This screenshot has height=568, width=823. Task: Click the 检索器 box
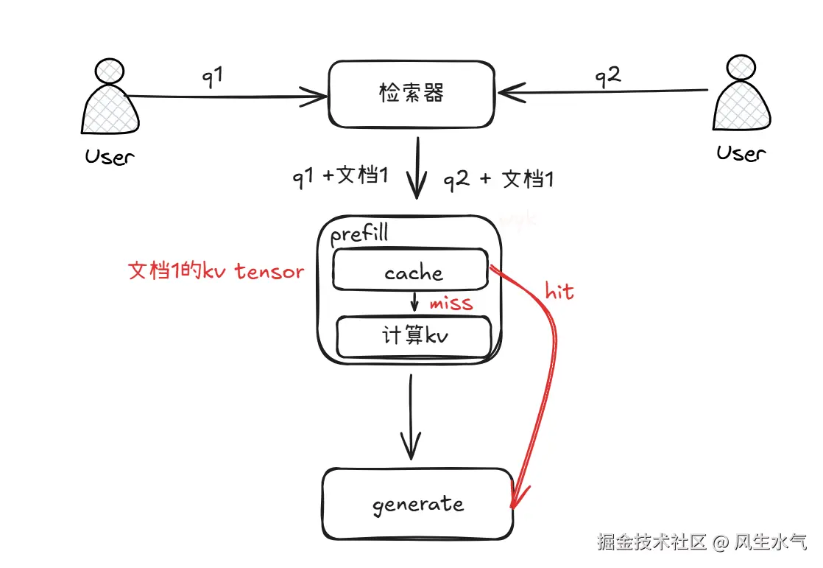click(x=411, y=94)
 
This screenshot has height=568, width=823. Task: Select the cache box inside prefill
click(x=411, y=270)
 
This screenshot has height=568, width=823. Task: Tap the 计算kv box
click(x=414, y=337)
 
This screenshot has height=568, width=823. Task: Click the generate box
click(x=417, y=504)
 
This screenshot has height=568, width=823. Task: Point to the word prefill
click(x=358, y=235)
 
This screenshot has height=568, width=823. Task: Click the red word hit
click(x=559, y=291)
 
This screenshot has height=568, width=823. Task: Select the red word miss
click(x=451, y=302)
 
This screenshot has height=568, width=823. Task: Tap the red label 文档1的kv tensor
click(x=216, y=271)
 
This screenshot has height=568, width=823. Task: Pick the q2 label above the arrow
click(x=608, y=76)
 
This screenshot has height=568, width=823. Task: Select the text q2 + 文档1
click(x=498, y=179)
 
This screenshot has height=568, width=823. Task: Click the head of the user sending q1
click(x=109, y=71)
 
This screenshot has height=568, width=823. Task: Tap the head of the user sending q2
click(x=739, y=68)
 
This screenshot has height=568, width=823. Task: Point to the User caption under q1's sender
click(x=110, y=156)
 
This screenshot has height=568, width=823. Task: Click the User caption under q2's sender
click(x=741, y=153)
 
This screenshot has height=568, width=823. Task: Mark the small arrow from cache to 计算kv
click(x=415, y=301)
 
